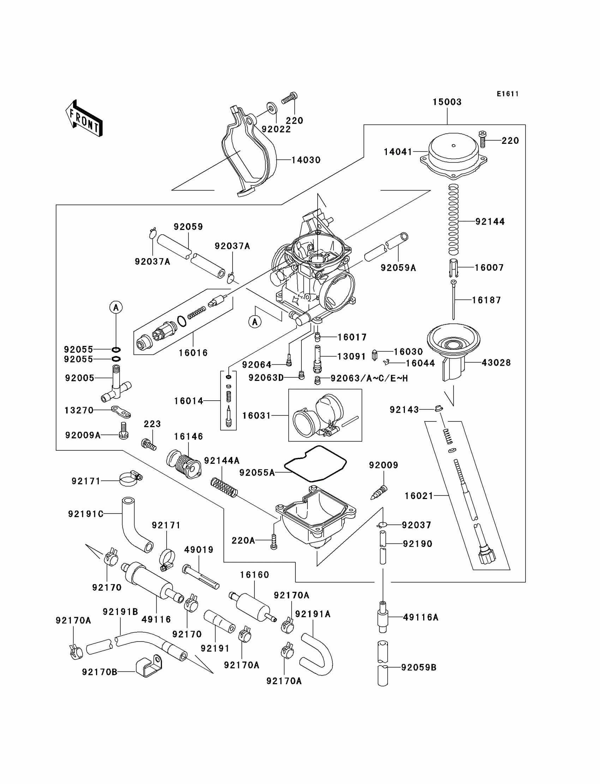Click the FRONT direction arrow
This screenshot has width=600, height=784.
84,118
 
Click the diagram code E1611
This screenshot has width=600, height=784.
508,94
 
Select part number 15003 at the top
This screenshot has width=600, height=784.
447,102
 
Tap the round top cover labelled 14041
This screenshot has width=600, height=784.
453,157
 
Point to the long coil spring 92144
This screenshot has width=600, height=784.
453,219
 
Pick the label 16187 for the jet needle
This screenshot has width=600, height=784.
486,300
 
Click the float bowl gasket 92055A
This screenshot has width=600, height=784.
316,463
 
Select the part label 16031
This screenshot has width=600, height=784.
257,416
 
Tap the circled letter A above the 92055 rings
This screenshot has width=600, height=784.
116,307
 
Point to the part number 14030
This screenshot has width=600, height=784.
306,160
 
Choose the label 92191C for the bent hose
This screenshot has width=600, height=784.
86,514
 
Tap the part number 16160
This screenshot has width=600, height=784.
254,575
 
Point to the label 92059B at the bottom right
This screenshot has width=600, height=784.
419,668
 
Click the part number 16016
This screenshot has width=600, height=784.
193,353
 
